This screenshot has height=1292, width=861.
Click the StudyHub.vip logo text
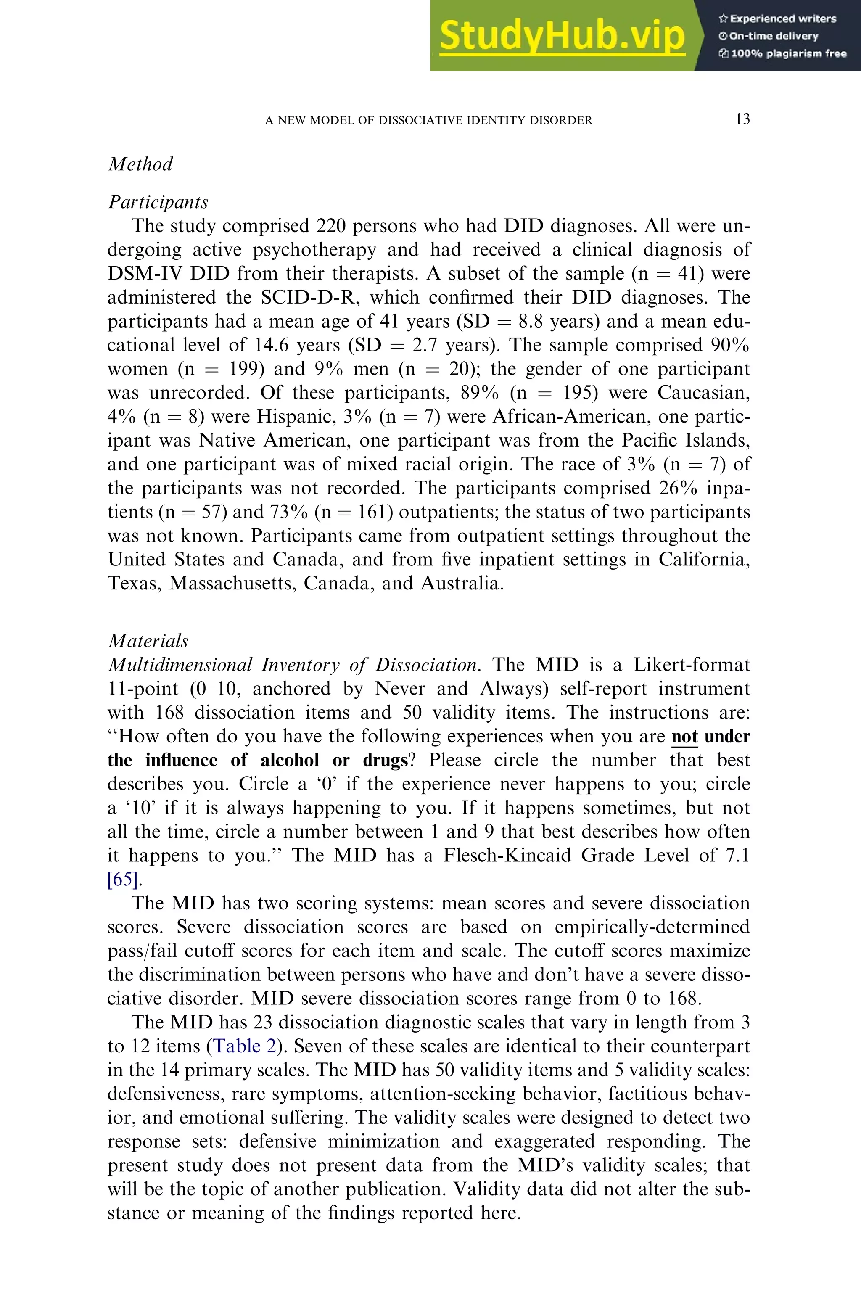(562, 35)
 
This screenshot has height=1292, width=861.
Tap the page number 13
(742, 119)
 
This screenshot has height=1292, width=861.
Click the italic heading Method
(140, 164)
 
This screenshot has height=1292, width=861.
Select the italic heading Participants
(158, 202)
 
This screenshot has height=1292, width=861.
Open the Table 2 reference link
(244, 1046)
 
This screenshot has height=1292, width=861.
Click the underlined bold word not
(684, 736)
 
